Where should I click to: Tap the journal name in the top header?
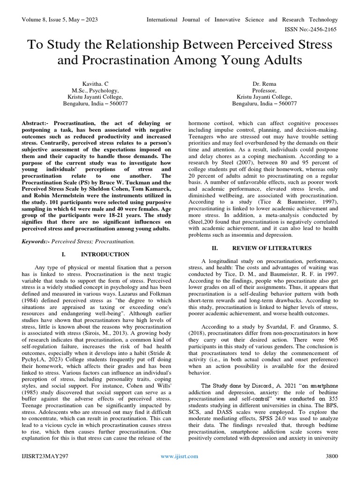242,20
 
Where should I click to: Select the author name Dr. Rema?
263,83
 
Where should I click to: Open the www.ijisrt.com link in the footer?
180,456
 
